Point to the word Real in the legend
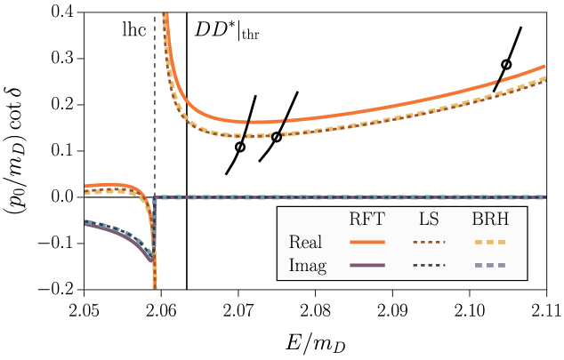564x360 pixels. click(306, 243)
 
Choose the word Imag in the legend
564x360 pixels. click(308, 266)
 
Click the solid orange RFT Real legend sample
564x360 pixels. click(367, 242)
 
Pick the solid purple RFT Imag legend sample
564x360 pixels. click(367, 265)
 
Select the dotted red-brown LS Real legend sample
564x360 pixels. click(429, 242)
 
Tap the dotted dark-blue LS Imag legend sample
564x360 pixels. click(429, 265)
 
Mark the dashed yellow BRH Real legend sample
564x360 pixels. click(489, 242)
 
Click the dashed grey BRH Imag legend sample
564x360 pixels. click(489, 265)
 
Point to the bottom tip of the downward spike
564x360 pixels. click(155, 287)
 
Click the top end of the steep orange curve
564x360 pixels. click(165, 15)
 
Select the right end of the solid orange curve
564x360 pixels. click(544, 67)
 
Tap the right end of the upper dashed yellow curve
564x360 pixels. click(544, 78)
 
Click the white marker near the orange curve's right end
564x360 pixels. click(506, 65)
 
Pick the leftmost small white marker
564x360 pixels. click(239, 148)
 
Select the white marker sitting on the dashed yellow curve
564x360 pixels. click(277, 137)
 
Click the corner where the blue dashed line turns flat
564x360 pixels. click(156, 197)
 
